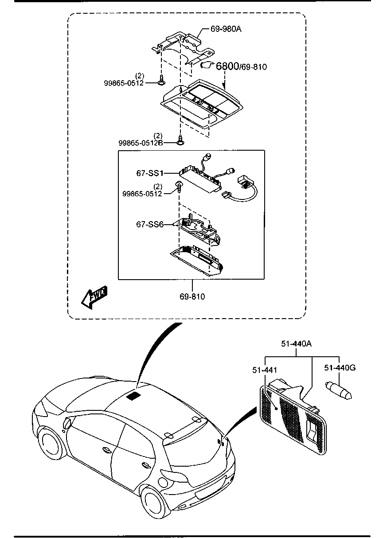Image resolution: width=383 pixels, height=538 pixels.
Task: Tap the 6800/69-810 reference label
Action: pos(241,66)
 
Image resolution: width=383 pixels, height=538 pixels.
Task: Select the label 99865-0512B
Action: pos(141,143)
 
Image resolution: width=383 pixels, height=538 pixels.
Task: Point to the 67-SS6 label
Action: pos(149,225)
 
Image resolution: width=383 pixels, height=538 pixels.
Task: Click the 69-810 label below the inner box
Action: pos(192,296)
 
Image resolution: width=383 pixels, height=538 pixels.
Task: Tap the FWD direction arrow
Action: pos(94,296)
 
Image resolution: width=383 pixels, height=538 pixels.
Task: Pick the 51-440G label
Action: pos(340,367)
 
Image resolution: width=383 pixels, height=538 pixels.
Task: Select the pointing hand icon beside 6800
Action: pos(207,65)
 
